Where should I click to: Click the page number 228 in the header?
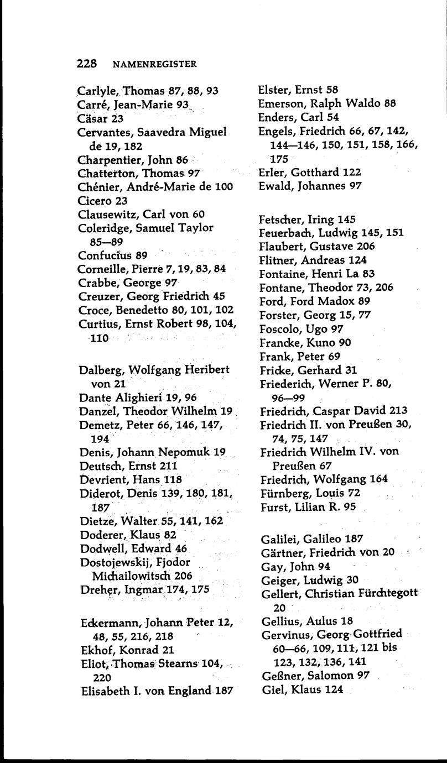pyautogui.click(x=87, y=64)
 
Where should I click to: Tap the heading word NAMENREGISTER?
pyautogui.click(x=154, y=64)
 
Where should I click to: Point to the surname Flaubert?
pyautogui.click(x=280, y=246)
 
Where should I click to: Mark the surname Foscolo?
pyautogui.click(x=278, y=329)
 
